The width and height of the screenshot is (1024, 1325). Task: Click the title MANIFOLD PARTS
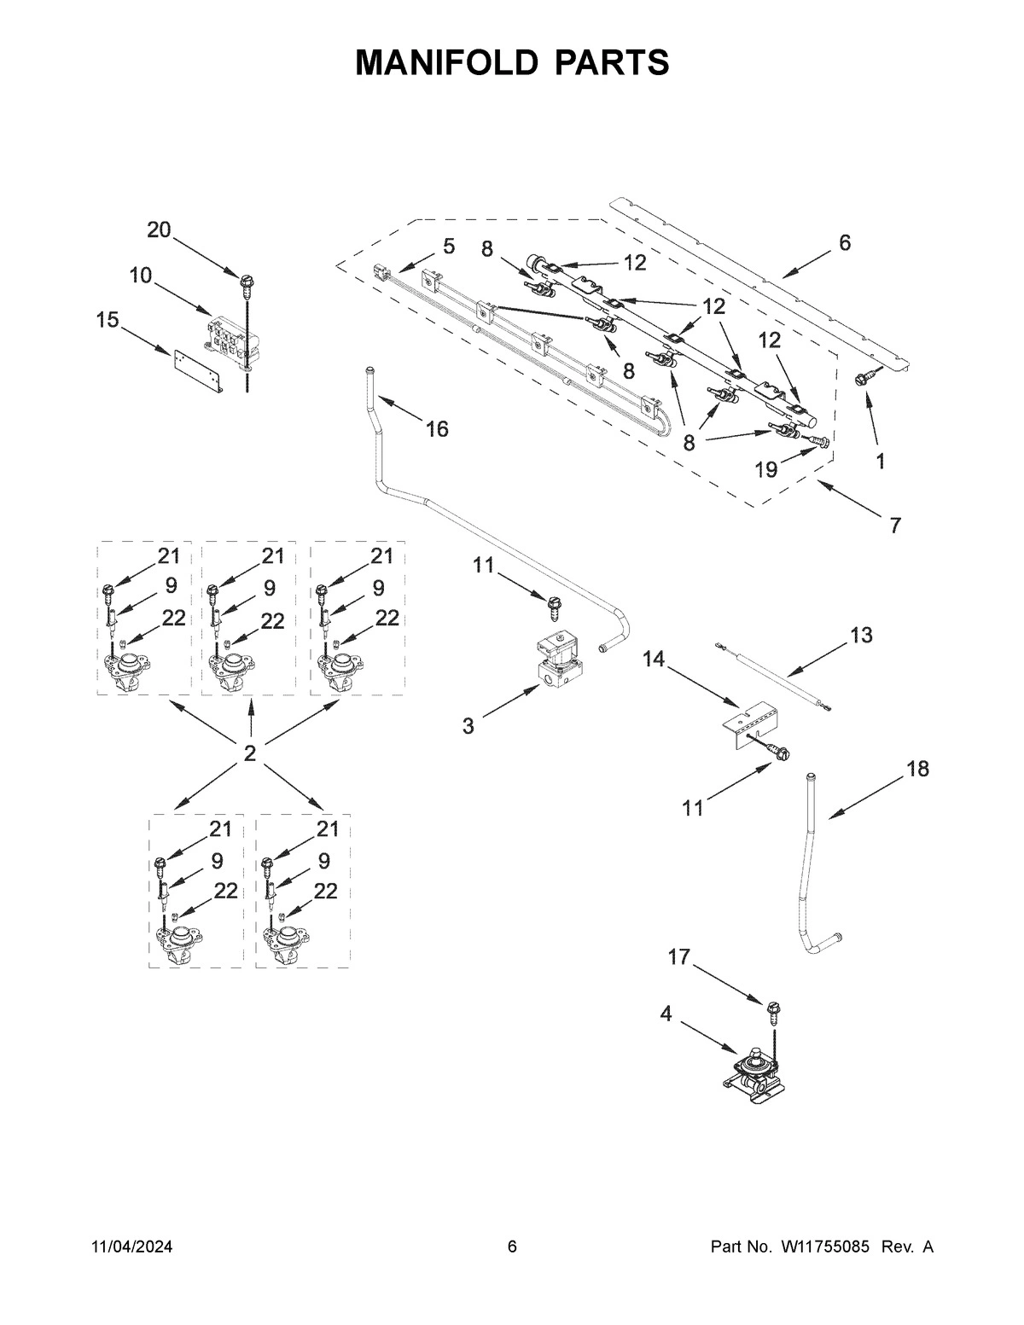512,62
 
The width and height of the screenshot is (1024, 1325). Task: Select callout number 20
159,230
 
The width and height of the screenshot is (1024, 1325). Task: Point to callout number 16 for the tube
437,429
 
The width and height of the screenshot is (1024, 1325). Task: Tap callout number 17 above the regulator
678,958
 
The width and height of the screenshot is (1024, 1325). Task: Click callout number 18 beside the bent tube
917,769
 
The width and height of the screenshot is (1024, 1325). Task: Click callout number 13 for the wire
861,635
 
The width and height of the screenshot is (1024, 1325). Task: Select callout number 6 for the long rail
844,243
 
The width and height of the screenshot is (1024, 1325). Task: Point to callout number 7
894,526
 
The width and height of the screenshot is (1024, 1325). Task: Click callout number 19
765,470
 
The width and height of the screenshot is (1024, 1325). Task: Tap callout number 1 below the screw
879,462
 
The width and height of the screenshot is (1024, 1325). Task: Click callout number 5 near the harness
449,247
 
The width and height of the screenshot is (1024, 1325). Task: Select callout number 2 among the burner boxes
249,753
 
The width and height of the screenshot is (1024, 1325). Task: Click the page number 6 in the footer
512,1247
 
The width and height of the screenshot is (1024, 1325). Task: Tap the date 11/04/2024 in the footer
131,1247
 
